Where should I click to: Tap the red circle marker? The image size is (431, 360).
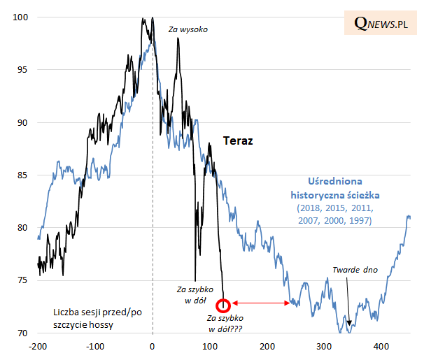coord(223,305)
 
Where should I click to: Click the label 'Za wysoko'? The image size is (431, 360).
coord(188,29)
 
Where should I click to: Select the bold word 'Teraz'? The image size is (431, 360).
coord(237,141)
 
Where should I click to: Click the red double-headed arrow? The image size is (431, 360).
coord(262,303)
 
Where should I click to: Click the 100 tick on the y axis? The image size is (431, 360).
coord(22,17)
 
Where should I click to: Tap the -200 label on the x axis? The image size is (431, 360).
coord(37,346)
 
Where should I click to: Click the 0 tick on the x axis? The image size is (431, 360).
coord(153,346)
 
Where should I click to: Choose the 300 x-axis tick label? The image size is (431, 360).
coord(324,346)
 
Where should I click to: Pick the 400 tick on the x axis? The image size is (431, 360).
coord(381,346)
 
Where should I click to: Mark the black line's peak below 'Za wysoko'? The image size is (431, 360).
coord(178,39)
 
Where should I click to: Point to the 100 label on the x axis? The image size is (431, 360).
coord(210,346)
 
